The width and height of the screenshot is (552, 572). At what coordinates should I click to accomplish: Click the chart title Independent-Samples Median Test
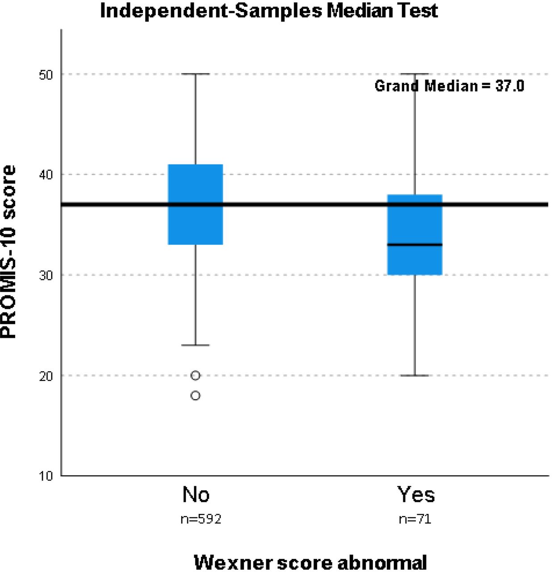click(269, 11)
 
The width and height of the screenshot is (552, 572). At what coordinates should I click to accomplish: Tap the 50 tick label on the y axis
click(46, 75)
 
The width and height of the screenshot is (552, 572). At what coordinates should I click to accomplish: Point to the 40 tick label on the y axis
click(46, 175)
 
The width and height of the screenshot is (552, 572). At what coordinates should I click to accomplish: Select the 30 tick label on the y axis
click(46, 275)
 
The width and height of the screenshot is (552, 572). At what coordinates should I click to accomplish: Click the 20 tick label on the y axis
click(46, 376)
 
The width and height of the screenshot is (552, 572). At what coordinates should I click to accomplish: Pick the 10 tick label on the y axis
click(46, 476)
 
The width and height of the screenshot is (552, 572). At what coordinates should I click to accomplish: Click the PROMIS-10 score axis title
click(8, 252)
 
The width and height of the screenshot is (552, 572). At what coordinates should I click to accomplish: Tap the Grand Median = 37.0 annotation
click(449, 86)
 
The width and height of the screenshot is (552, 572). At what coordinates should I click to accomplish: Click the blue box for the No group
click(195, 204)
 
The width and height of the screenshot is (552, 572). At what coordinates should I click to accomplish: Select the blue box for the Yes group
click(415, 235)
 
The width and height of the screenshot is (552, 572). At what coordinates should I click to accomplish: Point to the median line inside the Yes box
click(415, 244)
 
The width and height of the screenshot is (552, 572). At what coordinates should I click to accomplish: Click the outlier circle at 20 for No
click(195, 375)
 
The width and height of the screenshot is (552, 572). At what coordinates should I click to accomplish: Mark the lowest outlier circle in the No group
click(195, 395)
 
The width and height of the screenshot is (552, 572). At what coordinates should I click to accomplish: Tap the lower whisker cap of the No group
click(195, 345)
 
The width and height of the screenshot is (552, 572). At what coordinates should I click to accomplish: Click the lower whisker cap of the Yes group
click(415, 376)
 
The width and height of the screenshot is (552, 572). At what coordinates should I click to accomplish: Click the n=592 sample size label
click(201, 519)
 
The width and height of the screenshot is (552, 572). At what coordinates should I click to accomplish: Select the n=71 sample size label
click(415, 519)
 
